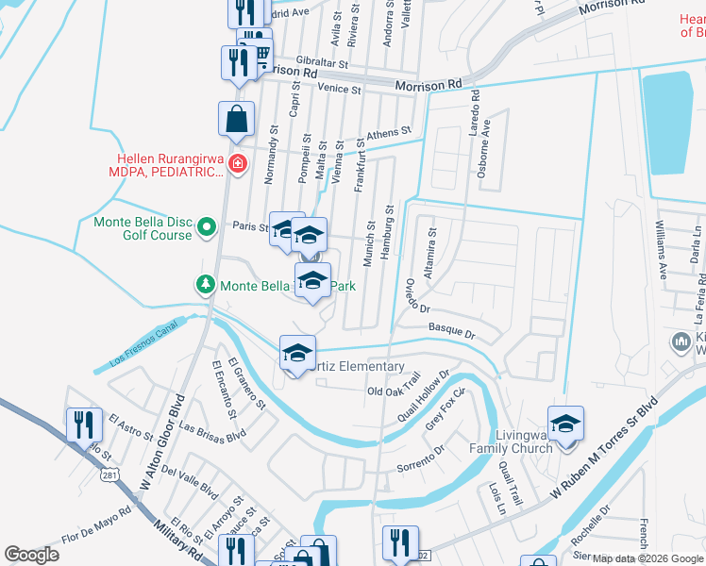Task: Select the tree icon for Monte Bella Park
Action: [x=205, y=284]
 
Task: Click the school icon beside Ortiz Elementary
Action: [x=296, y=353]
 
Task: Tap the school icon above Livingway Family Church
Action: [x=565, y=424]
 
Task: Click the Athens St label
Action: [x=389, y=135]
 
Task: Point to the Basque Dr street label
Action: [x=451, y=331]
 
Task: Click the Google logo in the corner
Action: [x=32, y=555]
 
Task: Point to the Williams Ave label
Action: [x=662, y=250]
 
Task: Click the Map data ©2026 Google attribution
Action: [x=647, y=558]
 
